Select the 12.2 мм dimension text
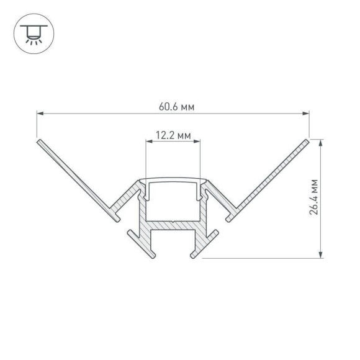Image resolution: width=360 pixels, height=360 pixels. tap(174, 135)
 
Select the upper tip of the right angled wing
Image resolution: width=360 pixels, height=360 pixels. tap(307, 142)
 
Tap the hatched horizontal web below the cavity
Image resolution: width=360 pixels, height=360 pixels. tap(173, 227)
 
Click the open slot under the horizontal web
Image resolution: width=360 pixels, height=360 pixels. tap(173, 244)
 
